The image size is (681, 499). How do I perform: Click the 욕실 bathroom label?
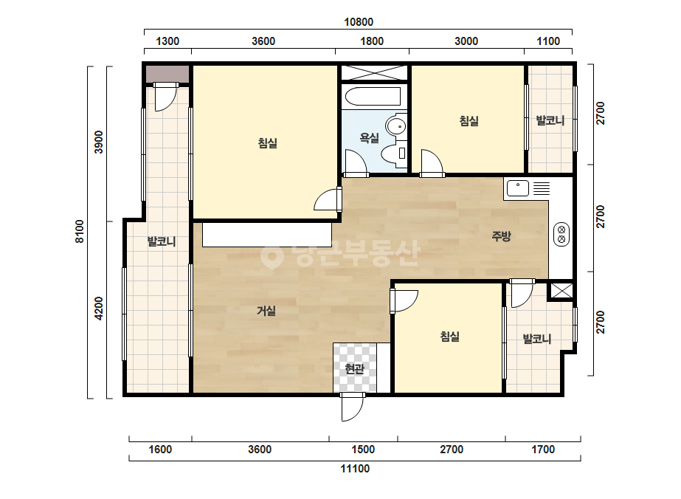coord(369,138)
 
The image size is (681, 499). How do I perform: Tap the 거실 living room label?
coord(266,311)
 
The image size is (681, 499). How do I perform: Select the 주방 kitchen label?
coord(501,236)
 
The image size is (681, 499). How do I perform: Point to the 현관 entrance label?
coord(354,369)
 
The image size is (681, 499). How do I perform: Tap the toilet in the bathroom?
coord(393,154)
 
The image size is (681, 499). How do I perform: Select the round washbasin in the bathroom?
coord(396,126)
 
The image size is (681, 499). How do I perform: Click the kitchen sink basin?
coord(518,188)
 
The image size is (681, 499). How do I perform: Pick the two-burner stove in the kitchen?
coord(561,234)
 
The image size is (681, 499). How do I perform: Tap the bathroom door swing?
coord(356,162)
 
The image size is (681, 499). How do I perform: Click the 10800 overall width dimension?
coord(359,21)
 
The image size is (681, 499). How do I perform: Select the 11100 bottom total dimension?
coord(355,469)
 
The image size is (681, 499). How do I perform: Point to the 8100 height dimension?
coord(80,231)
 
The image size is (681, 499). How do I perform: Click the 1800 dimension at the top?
coord(372,41)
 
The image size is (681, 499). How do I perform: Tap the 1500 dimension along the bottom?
coord(363,449)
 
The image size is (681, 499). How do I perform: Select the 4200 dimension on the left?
coord(100,309)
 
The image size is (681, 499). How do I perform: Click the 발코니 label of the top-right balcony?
coord(550,120)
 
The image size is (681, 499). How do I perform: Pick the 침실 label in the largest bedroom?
coord(268,143)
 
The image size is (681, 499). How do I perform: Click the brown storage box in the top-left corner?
coord(167,74)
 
